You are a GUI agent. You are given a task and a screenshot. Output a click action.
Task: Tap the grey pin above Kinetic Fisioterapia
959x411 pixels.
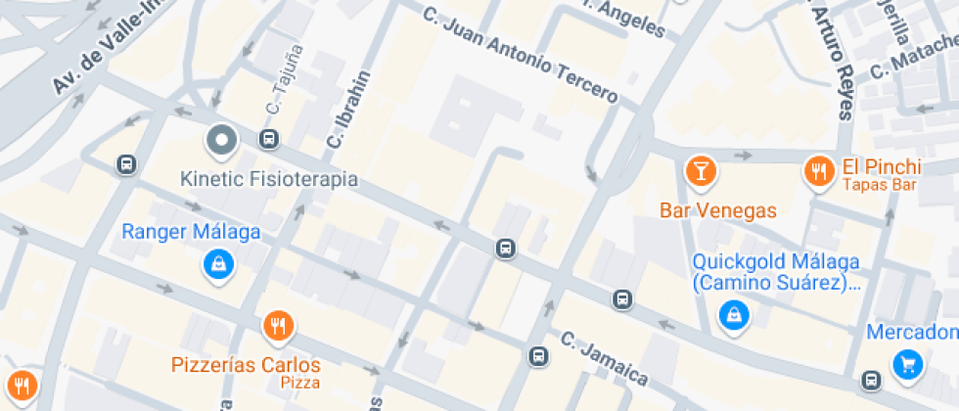(222, 142)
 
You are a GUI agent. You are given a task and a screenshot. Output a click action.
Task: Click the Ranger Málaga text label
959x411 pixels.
(191, 232)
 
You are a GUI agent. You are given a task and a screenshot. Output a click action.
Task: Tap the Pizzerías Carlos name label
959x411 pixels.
(246, 365)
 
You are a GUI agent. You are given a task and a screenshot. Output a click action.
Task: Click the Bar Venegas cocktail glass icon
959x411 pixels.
(701, 171)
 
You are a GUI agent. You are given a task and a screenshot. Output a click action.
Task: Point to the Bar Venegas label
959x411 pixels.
(718, 210)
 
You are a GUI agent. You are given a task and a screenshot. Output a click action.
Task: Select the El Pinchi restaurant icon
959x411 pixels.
(818, 172)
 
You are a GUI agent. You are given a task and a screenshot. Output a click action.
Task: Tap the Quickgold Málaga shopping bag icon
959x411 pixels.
(732, 314)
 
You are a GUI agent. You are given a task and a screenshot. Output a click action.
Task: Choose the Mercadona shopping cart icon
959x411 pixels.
(908, 365)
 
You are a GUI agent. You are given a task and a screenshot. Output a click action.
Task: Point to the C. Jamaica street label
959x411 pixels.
(604, 358)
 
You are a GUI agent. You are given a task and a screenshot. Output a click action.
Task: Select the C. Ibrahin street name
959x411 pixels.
(349, 110)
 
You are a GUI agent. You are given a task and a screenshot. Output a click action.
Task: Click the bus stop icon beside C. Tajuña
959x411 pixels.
(268, 139)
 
